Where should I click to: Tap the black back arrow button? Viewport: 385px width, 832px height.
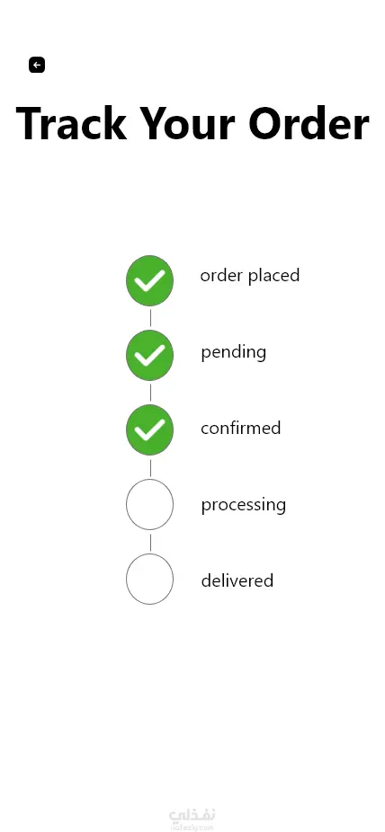pyautogui.click(x=37, y=65)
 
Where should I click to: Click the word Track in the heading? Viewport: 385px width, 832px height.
pyautogui.click(x=72, y=123)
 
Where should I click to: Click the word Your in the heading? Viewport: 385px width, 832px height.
pyautogui.click(x=187, y=123)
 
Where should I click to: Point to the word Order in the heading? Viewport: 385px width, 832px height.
pyautogui.click(x=309, y=123)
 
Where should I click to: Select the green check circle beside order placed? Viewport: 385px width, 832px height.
pyautogui.click(x=149, y=280)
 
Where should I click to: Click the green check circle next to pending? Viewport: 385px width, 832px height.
pyautogui.click(x=149, y=355)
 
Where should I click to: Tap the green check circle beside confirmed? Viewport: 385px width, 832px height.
pyautogui.click(x=149, y=429)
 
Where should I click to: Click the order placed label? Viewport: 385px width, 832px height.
pyautogui.click(x=250, y=276)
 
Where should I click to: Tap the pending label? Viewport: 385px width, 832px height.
pyautogui.click(x=234, y=352)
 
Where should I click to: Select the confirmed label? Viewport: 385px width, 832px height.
pyautogui.click(x=240, y=428)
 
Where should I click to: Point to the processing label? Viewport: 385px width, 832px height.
pyautogui.click(x=243, y=505)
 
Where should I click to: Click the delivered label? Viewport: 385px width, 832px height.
pyautogui.click(x=237, y=580)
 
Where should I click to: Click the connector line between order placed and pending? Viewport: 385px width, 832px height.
pyautogui.click(x=150, y=318)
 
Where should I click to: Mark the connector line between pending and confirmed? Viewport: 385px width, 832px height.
pyautogui.click(x=150, y=393)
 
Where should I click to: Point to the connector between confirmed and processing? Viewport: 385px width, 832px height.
pyautogui.click(x=150, y=468)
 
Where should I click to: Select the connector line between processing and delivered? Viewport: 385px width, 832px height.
pyautogui.click(x=150, y=543)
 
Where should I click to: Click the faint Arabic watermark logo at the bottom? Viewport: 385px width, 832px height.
pyautogui.click(x=192, y=819)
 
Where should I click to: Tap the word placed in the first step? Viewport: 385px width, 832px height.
pyautogui.click(x=274, y=276)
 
